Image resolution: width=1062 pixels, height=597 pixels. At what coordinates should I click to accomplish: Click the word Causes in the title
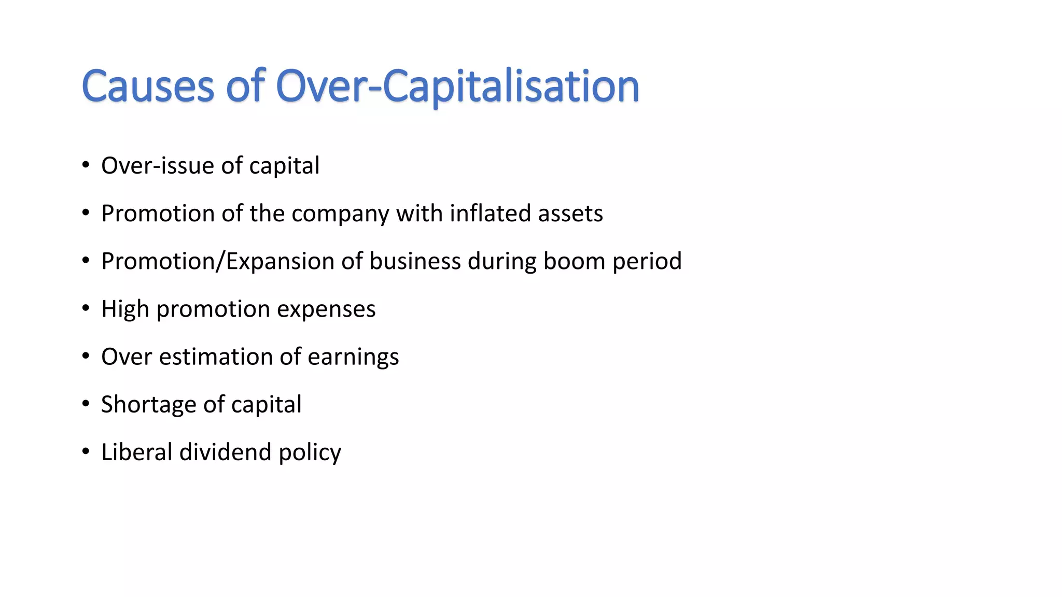(x=148, y=86)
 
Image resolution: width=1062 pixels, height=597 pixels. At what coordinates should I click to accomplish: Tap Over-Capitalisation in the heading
(x=457, y=86)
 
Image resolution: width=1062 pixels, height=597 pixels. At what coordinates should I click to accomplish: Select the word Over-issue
(x=158, y=166)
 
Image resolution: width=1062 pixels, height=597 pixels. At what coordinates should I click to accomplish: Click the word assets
(x=570, y=214)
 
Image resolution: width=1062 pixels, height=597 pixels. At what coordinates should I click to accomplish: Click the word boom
(x=574, y=261)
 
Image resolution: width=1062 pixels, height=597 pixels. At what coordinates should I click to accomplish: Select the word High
(x=125, y=309)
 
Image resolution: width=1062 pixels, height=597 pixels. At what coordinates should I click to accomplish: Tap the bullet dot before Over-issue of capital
(x=86, y=166)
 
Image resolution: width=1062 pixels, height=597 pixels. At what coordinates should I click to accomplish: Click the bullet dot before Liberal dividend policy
(x=86, y=452)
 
